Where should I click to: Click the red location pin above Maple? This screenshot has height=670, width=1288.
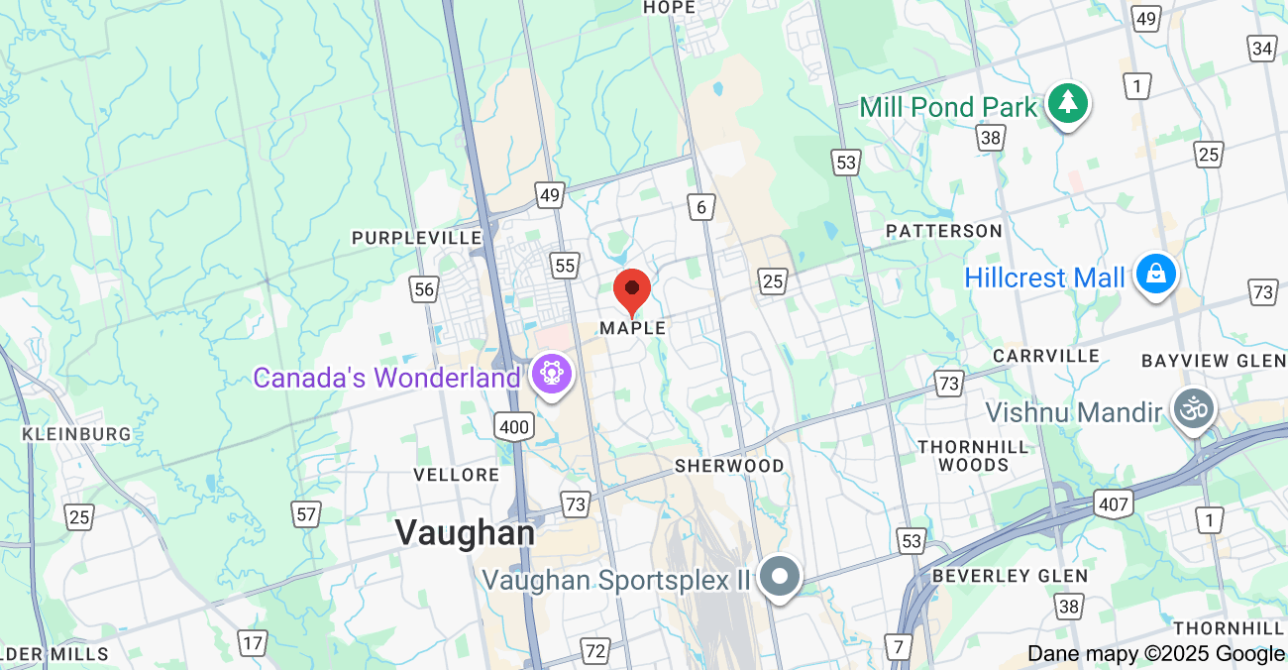point(632,290)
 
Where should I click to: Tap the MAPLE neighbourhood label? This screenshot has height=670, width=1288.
point(633,328)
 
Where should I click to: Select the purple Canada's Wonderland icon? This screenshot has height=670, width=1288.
point(550,375)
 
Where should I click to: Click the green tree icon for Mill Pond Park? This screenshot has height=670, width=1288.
point(1067,102)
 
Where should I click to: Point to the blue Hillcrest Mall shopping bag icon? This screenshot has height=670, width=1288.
point(1155,274)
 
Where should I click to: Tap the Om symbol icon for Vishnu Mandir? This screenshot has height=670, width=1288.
point(1193,407)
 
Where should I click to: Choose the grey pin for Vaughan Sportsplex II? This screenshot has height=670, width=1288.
point(780,575)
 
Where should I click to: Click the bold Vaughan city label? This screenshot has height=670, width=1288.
point(465,532)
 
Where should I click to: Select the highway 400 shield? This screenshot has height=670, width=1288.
point(514,427)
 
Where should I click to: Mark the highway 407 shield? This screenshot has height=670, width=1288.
point(1114,504)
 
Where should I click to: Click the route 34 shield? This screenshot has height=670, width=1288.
point(1262,49)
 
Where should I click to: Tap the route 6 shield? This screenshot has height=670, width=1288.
point(701,206)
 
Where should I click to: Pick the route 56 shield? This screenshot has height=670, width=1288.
point(424,288)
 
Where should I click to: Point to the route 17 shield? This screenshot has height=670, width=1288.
point(253,643)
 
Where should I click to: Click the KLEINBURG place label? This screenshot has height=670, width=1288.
point(76,434)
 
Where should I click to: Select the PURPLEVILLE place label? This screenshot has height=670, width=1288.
point(417,238)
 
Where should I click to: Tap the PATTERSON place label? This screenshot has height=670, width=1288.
point(944,231)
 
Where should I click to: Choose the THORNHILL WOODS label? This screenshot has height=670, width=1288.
point(973,456)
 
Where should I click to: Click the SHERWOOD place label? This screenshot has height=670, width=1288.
point(729,466)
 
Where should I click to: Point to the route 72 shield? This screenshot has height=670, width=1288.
point(594,651)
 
